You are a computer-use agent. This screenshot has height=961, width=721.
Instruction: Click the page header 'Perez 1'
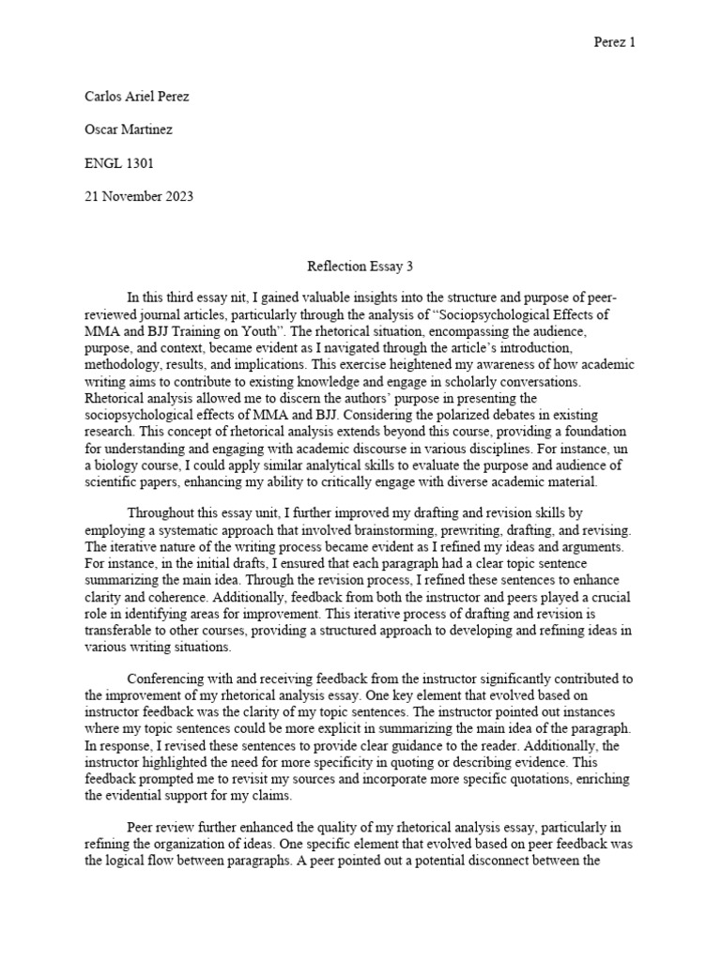click(616, 43)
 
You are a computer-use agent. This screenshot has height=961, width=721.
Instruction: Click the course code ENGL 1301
click(119, 162)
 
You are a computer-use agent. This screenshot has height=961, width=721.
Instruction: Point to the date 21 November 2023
click(139, 195)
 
